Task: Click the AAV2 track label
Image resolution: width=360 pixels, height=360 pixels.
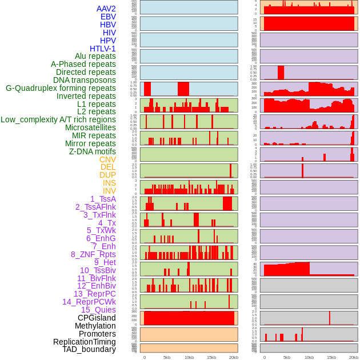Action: [106, 9]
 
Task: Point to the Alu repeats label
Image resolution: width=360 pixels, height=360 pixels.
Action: [95, 56]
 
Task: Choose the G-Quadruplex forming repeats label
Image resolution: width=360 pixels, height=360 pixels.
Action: [61, 88]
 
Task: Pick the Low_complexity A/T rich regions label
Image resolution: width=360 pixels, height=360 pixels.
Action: [58, 119]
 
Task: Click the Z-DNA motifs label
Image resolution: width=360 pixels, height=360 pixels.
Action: [92, 151]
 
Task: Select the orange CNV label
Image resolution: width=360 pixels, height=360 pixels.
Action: [107, 159]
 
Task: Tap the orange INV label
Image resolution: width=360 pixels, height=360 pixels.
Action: [109, 191]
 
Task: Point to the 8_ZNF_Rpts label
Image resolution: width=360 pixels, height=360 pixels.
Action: [93, 254]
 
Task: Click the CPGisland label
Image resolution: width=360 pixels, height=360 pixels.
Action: [97, 318]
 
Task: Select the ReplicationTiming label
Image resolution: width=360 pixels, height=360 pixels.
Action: [84, 342]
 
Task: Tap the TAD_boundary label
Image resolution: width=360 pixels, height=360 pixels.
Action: [89, 349]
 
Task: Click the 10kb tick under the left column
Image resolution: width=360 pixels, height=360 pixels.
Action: [189, 357]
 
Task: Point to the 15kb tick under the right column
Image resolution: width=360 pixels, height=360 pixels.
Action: [331, 357]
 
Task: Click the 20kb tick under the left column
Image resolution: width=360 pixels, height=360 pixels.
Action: [233, 357]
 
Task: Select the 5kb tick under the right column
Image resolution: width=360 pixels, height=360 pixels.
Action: [286, 357]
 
